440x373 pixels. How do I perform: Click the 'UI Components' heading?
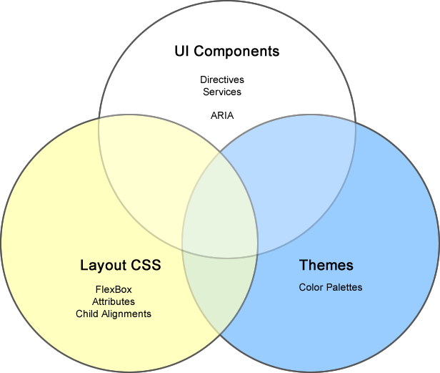click(x=226, y=52)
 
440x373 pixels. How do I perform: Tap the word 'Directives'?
click(x=222, y=80)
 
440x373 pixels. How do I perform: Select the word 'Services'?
click(x=222, y=92)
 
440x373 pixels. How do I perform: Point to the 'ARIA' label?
click(x=222, y=115)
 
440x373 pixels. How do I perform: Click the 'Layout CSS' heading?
click(x=120, y=266)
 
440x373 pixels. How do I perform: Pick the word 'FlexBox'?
click(x=114, y=289)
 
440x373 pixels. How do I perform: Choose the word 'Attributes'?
click(x=114, y=301)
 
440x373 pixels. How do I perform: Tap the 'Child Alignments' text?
click(x=114, y=314)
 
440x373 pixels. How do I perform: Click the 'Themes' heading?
click(x=326, y=266)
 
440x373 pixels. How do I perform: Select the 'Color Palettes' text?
click(x=331, y=288)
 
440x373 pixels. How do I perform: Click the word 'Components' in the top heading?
click(x=237, y=52)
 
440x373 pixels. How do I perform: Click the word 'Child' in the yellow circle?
click(x=86, y=314)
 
